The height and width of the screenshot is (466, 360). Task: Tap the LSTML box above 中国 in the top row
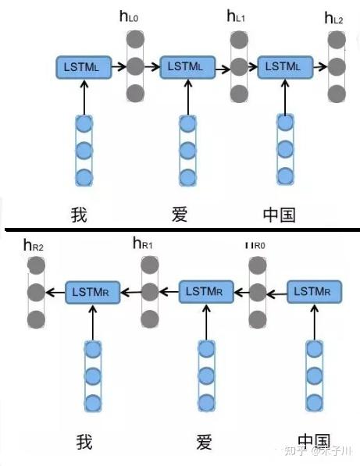[x=283, y=66]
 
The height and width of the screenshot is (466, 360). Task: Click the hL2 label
[x=333, y=17]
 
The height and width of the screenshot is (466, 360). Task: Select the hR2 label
[x=34, y=246]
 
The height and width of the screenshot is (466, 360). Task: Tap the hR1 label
[x=143, y=245]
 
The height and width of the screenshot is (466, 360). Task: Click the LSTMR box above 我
[x=92, y=292]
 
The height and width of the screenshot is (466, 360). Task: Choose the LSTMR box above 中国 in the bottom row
[x=314, y=292]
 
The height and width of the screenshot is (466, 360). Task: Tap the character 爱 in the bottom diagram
[x=204, y=441]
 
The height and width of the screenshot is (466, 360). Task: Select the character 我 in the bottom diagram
[x=84, y=441]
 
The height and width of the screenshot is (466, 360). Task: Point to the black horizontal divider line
[x=180, y=229]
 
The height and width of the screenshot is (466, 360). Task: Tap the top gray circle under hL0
[x=136, y=38]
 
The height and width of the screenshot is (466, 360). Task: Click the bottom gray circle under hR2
[x=36, y=319]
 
